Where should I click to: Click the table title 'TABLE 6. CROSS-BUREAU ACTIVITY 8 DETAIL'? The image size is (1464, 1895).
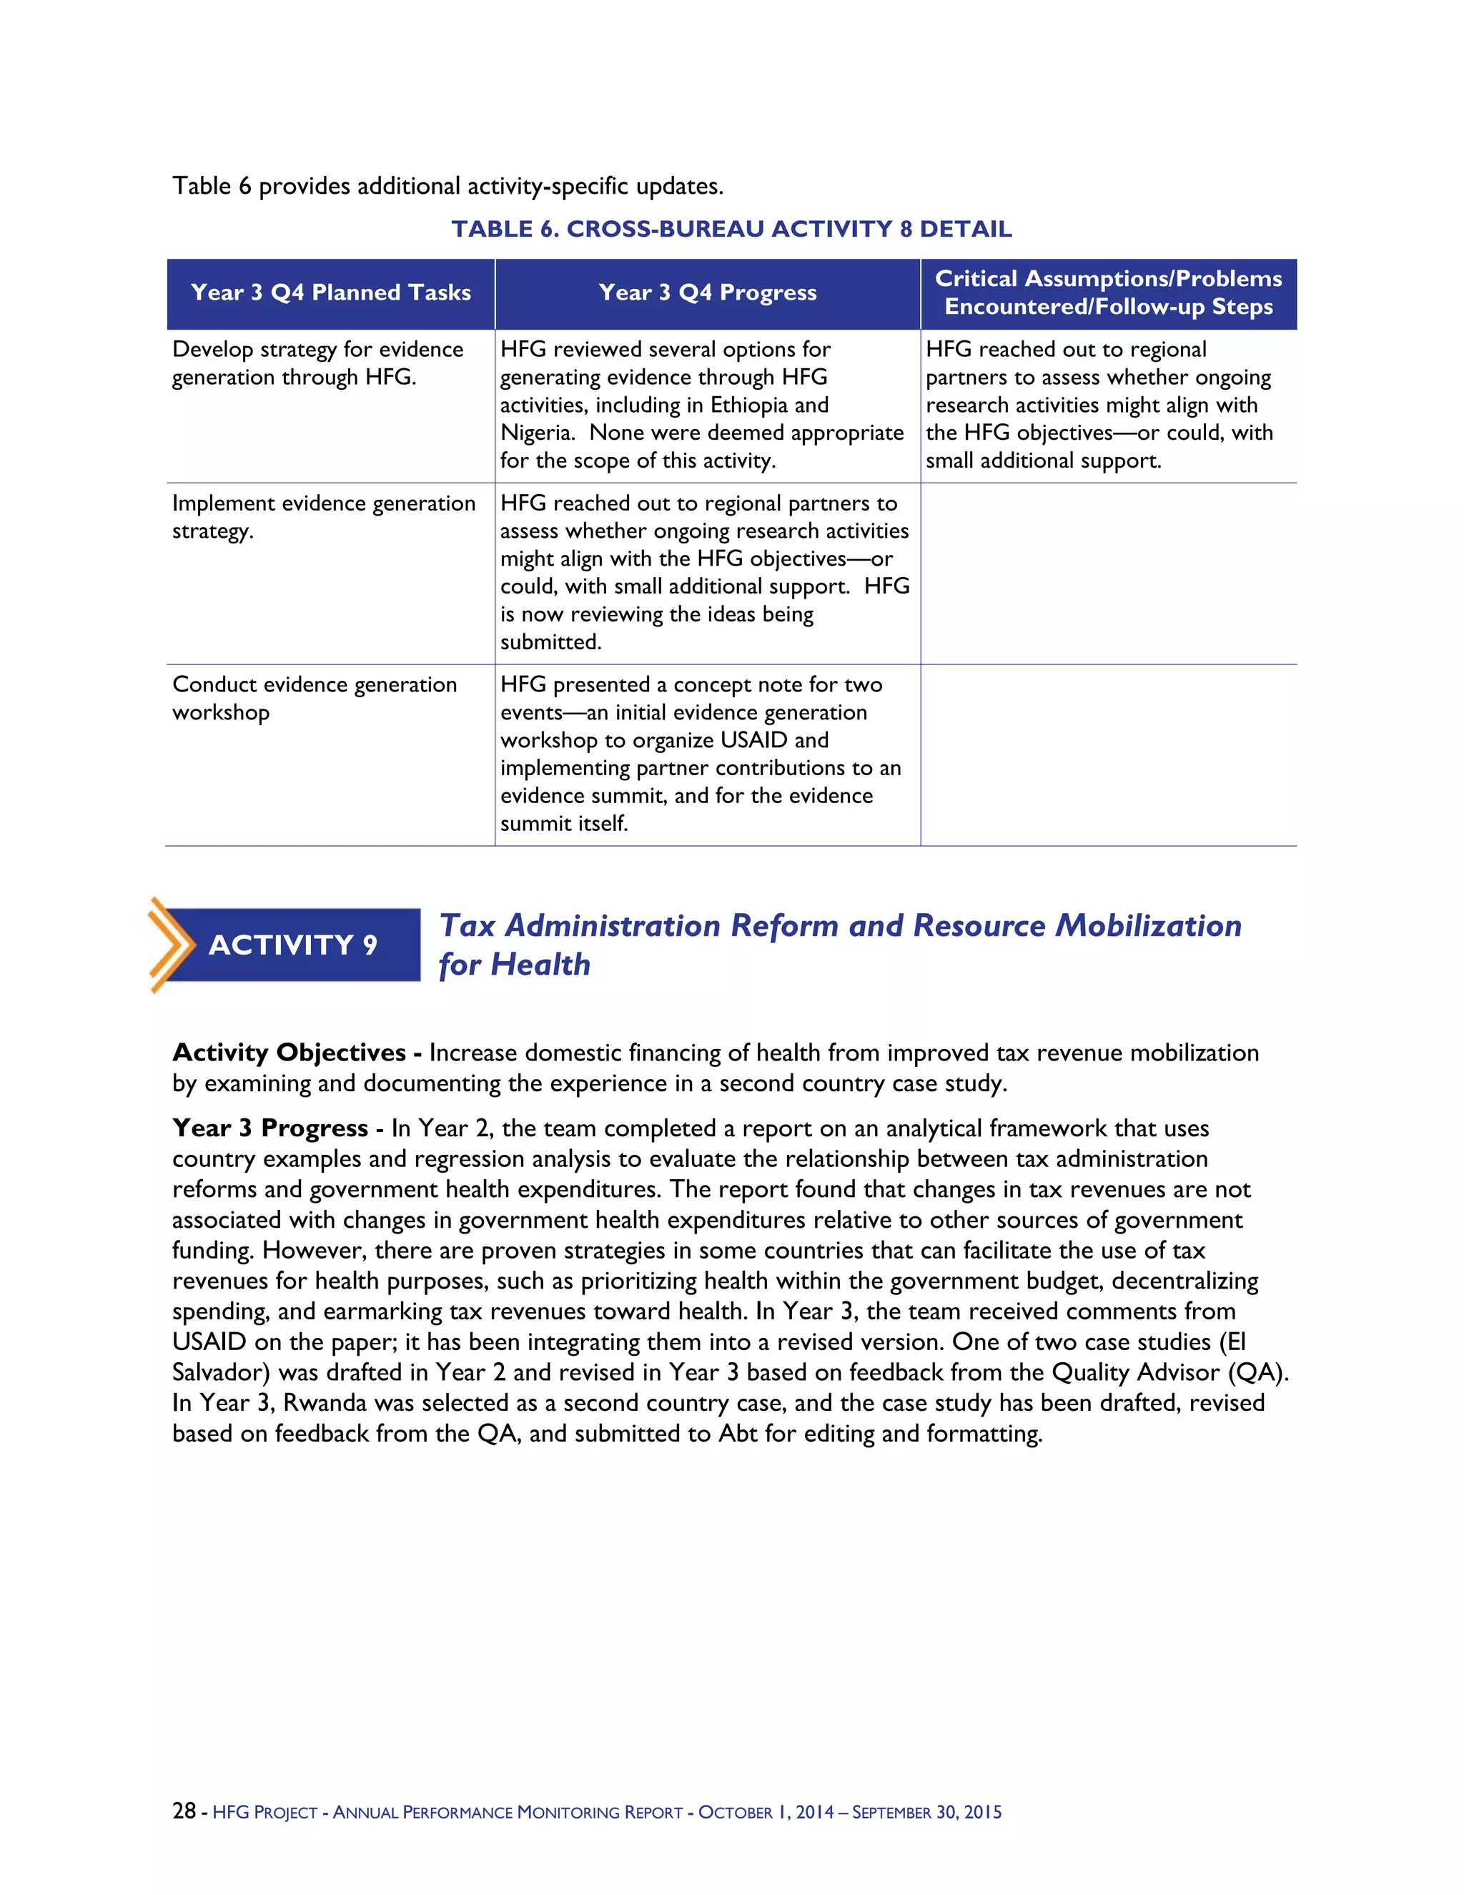[731, 229]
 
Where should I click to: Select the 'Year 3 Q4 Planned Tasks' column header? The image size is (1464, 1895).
[330, 293]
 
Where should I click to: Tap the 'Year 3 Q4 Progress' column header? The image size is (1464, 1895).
[707, 293]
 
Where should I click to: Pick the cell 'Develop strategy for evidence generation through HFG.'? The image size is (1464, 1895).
[317, 363]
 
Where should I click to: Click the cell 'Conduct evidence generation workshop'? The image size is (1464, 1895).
[314, 699]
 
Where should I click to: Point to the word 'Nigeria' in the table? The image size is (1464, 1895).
[535, 433]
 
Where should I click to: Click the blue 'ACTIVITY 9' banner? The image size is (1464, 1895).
[293, 945]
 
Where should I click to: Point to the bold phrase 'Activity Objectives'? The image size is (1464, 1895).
[289, 1053]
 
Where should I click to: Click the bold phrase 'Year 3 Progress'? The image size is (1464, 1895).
[269, 1128]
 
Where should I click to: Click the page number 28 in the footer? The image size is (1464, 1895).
[184, 1811]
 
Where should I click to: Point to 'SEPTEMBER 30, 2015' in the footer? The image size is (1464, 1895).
[926, 1813]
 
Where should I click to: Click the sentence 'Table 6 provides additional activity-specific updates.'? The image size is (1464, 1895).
[447, 187]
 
